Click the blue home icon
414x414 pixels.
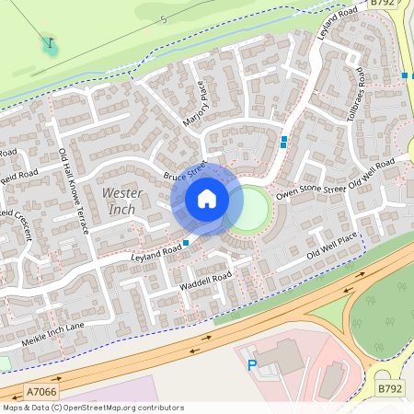coord(207,199)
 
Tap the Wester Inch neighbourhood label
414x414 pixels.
coord(121,201)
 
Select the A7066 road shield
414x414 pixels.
coord(41,392)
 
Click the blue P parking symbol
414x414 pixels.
coord(252,365)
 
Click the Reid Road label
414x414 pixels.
coord(18,173)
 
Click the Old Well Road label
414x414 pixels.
coord(377,171)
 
